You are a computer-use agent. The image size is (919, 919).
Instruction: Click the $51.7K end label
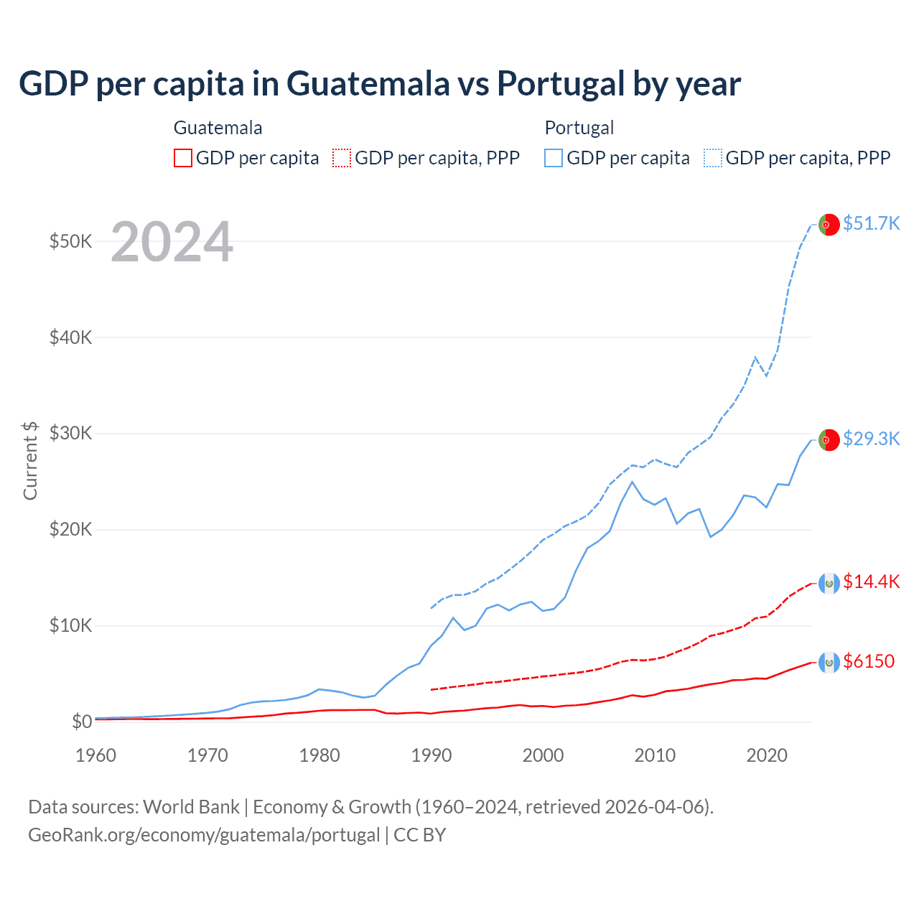pos(871,223)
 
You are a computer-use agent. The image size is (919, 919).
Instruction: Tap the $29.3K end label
pos(871,439)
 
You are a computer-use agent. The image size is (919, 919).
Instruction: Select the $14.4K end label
pos(871,582)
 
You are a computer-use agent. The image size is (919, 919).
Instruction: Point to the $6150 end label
pos(869,661)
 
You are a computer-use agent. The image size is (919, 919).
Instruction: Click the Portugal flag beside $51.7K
pos(829,224)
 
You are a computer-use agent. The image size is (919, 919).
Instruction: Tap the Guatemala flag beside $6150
pos(829,662)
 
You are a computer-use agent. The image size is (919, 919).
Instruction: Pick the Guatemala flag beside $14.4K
pos(829,582)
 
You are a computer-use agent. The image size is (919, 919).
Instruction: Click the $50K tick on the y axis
pos(70,241)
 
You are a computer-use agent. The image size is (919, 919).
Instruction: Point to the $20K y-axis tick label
pos(70,530)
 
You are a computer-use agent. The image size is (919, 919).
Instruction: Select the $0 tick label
pos(82,722)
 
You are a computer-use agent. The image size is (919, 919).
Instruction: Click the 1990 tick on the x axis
pos(431,755)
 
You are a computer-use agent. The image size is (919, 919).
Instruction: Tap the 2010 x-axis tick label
pos(655,755)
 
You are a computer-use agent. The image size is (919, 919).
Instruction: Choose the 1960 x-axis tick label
pos(96,755)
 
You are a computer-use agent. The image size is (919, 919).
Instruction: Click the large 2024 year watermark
pos(172,242)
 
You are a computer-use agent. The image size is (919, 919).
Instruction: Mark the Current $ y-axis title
pos(30,460)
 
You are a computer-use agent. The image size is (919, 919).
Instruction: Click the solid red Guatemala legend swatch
pos(183,158)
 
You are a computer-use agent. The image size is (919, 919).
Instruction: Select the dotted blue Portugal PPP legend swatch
pos(713,158)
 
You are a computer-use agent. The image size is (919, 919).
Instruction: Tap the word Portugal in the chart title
pos(561,84)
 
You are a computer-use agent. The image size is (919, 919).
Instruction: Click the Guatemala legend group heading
pos(218,128)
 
